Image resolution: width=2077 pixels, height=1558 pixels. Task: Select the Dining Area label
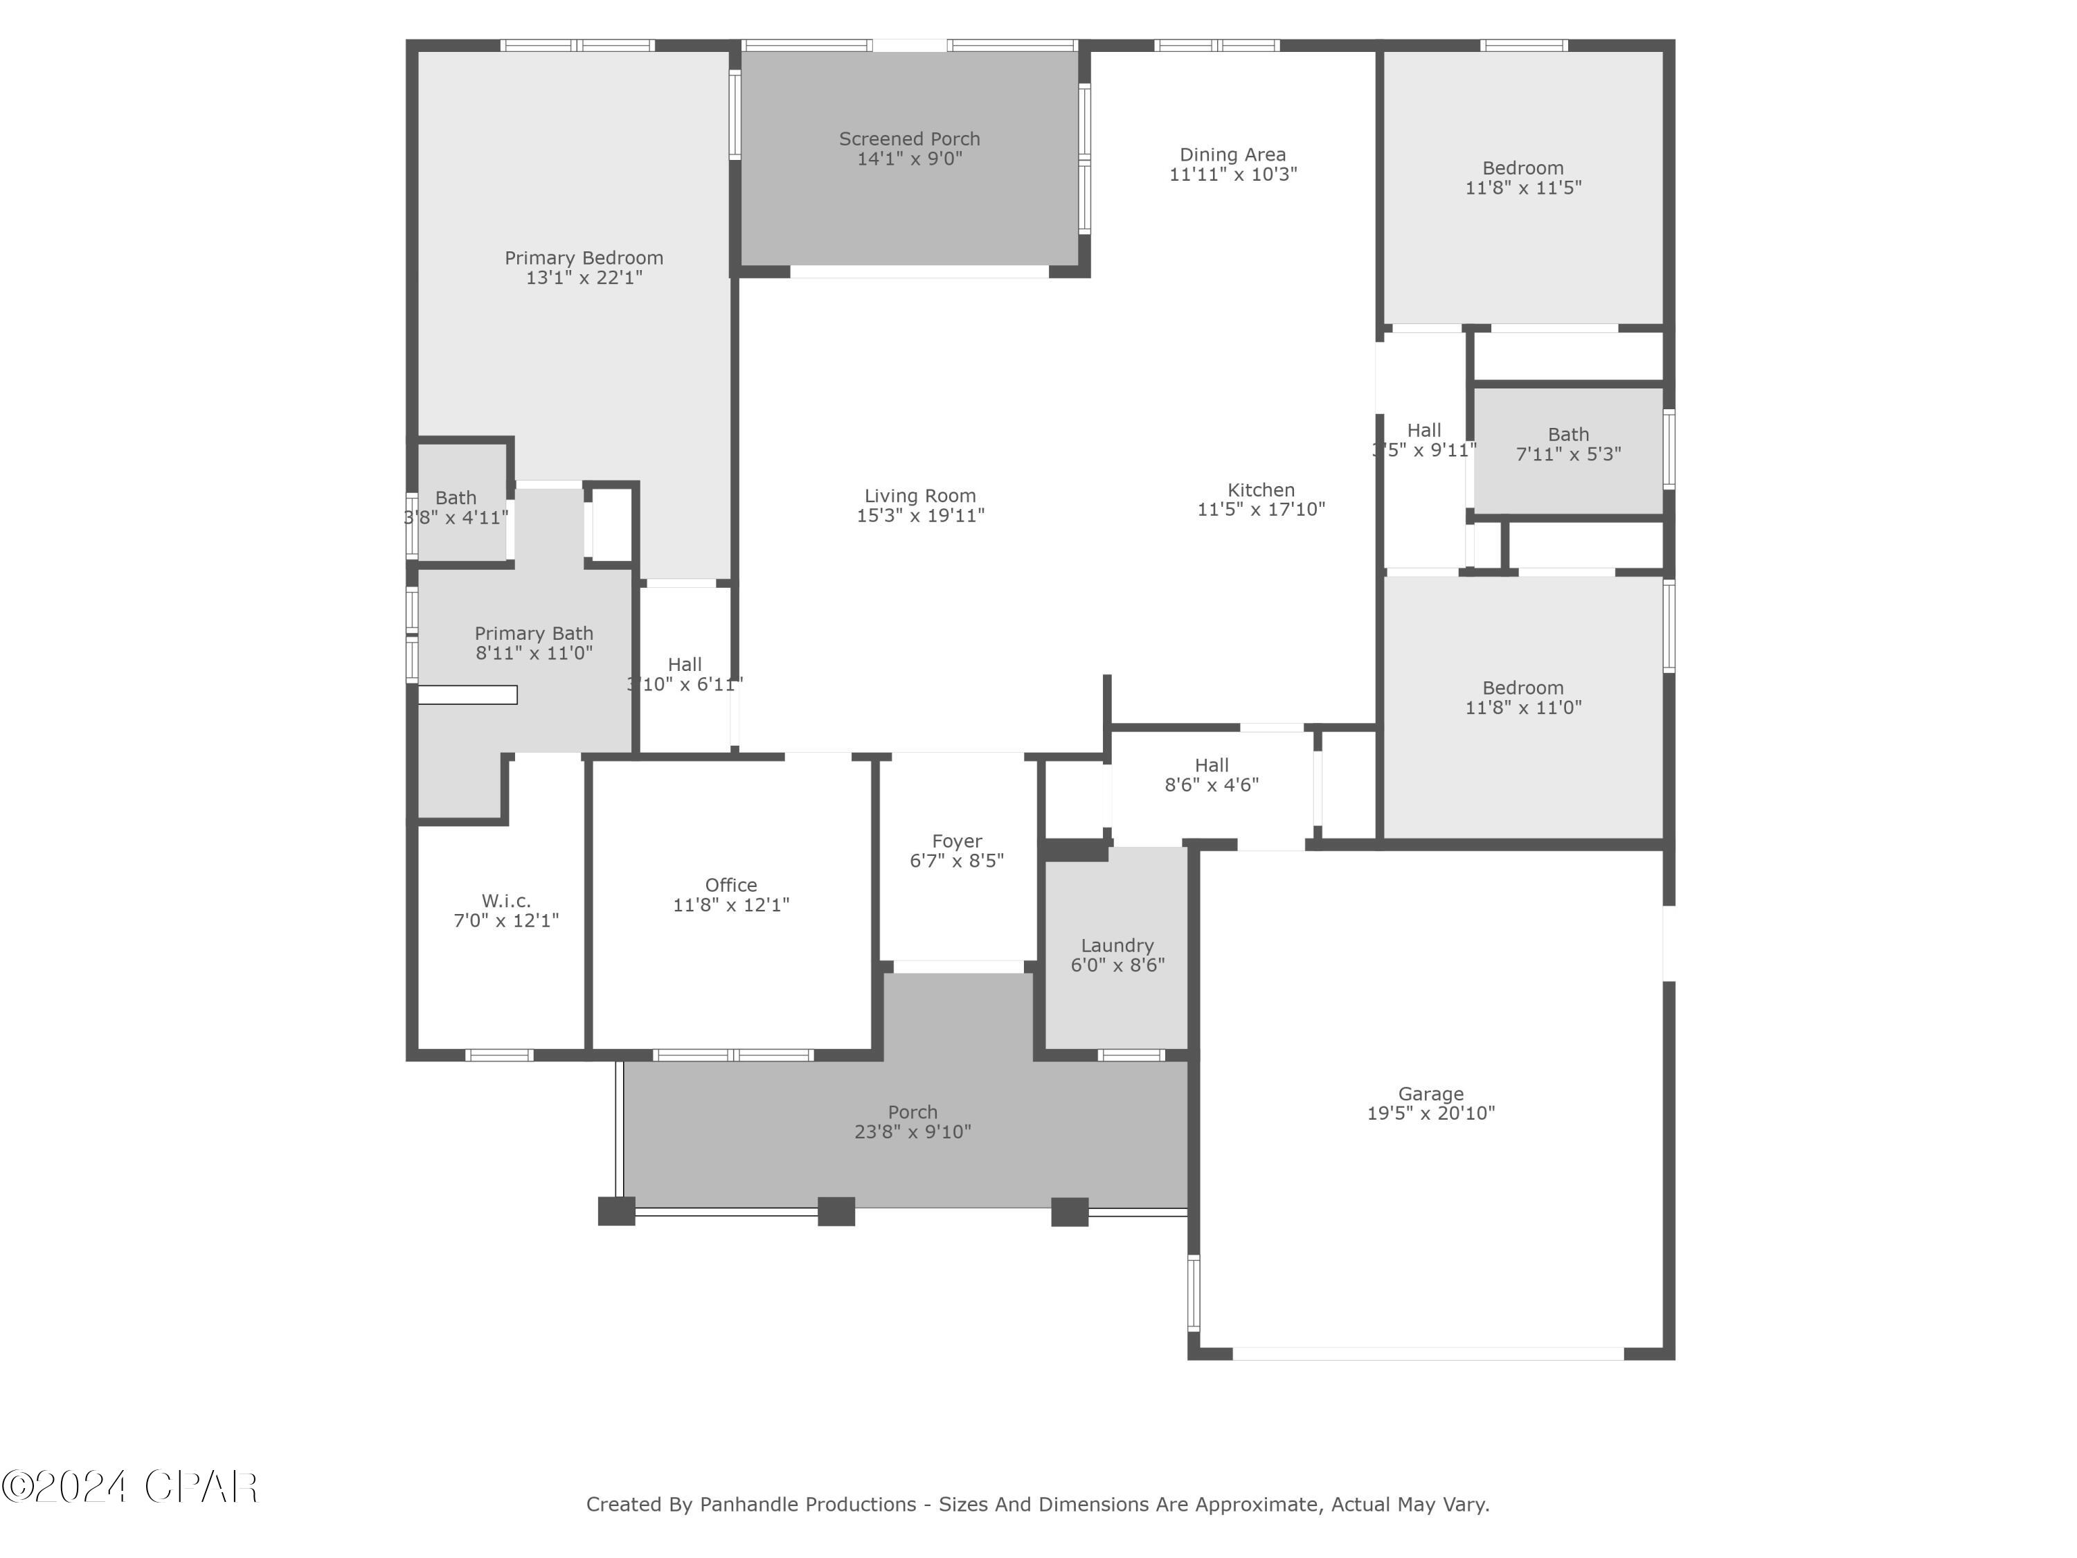click(x=1232, y=155)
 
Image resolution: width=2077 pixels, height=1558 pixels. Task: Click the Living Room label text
click(x=919, y=496)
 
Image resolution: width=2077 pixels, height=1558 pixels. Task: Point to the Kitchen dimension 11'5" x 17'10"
click(x=1260, y=510)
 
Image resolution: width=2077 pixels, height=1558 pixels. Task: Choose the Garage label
click(x=1430, y=1094)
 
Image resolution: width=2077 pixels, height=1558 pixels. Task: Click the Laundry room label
click(x=1117, y=946)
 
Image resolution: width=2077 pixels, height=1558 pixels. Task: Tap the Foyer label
click(x=956, y=841)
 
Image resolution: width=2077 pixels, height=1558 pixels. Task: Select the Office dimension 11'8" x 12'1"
click(x=730, y=905)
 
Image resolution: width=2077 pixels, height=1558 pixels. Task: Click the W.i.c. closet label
click(x=506, y=902)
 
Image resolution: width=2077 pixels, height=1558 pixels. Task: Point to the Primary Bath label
click(x=533, y=634)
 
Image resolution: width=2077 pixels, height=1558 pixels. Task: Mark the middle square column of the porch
click(x=836, y=1212)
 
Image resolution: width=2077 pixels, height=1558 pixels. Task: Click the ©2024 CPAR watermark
click(x=129, y=1487)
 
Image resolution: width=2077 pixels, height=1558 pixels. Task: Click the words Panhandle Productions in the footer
click(x=807, y=1505)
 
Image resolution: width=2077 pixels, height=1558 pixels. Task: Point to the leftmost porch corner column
click(x=616, y=1212)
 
